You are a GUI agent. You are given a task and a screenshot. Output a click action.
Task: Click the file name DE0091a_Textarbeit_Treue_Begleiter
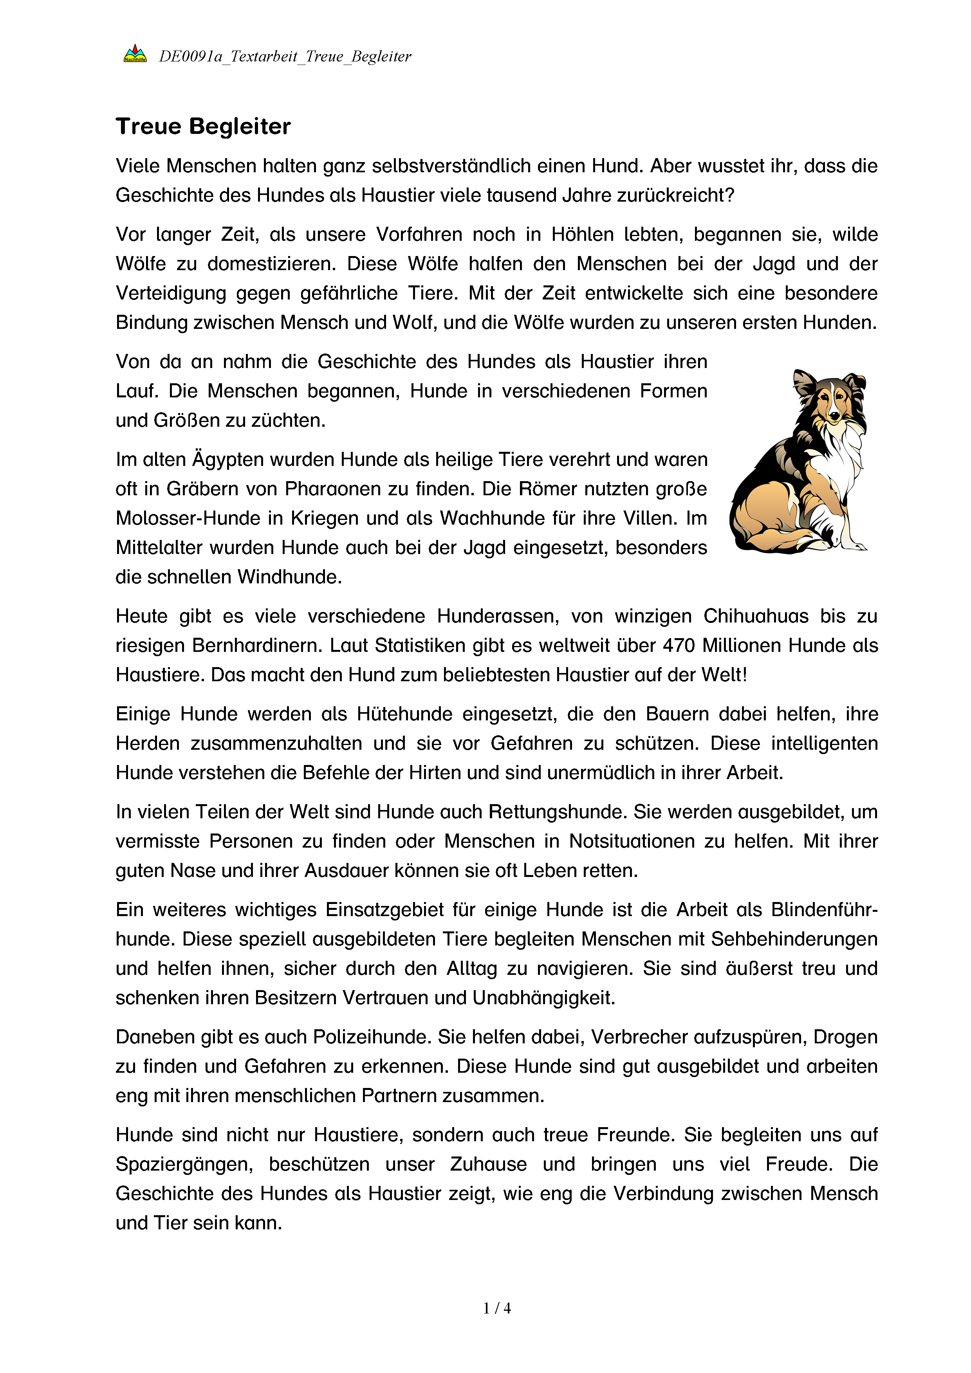tap(285, 57)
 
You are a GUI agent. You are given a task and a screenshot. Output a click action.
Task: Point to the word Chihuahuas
tap(756, 616)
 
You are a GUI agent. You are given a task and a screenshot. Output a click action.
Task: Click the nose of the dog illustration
tap(834, 415)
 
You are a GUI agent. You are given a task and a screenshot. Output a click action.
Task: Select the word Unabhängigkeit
tap(543, 998)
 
